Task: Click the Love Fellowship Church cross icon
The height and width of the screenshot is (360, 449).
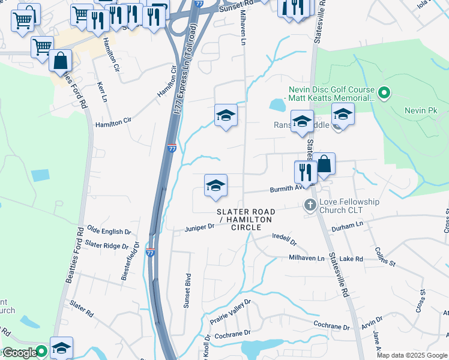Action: (310, 205)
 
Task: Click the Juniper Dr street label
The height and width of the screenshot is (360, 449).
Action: (199, 227)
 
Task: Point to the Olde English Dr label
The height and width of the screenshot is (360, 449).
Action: (109, 231)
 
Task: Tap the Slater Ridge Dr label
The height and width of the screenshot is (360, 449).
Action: (107, 245)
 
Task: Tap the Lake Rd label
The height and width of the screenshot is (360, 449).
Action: (351, 259)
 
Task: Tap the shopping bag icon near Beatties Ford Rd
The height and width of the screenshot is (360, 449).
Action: (61, 61)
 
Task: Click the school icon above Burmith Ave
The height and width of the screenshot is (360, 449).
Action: (215, 186)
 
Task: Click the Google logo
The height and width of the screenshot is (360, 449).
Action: (19, 353)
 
